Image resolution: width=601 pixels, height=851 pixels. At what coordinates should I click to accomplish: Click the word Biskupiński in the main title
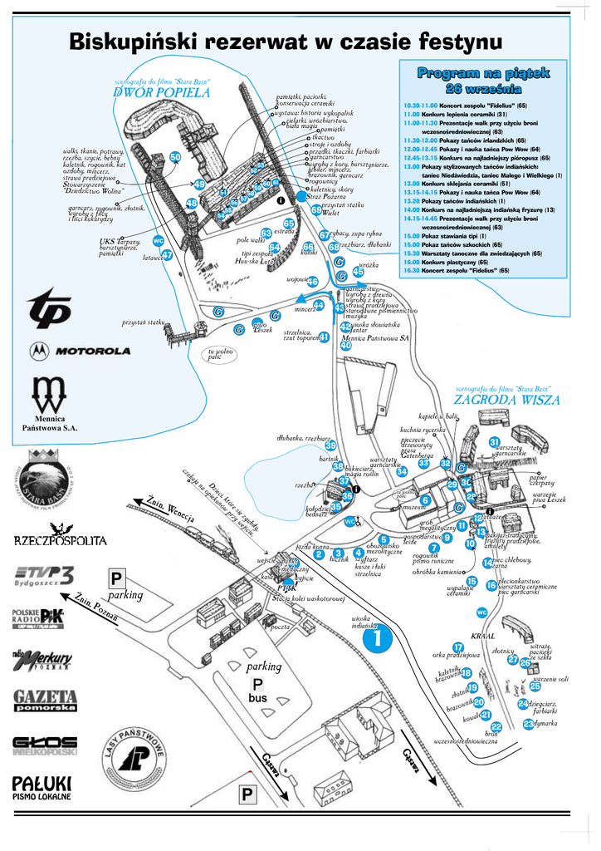pos(132,41)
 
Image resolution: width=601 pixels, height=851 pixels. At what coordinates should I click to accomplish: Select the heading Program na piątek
pos(484,74)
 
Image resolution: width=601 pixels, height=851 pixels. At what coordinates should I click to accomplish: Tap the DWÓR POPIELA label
pos(162,92)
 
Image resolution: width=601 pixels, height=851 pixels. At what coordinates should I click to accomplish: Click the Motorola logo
pos(81,351)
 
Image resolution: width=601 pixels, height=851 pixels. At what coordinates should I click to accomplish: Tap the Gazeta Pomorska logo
pos(46,700)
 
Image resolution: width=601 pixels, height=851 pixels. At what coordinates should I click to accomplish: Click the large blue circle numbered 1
pos(376,639)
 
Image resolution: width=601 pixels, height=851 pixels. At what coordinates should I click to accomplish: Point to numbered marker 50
pos(175,157)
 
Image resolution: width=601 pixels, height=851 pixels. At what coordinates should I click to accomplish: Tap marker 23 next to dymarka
pos(529,724)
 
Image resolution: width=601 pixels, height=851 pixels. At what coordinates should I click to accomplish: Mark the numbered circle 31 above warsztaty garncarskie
pos(494,441)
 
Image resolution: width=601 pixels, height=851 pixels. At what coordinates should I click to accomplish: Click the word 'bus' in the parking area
pos(258,698)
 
